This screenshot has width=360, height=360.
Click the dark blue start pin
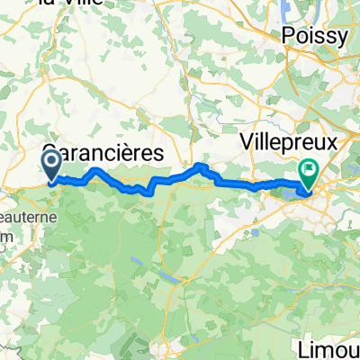point(51,165)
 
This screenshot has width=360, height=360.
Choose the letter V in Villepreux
point(247,142)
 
